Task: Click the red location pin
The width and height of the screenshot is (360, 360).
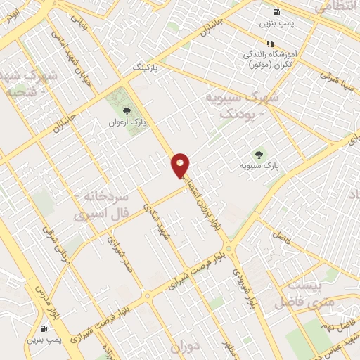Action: [x=181, y=165]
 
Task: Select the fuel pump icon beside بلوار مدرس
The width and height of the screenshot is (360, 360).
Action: [x=45, y=328]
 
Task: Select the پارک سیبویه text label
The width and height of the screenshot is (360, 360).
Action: [x=262, y=166]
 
